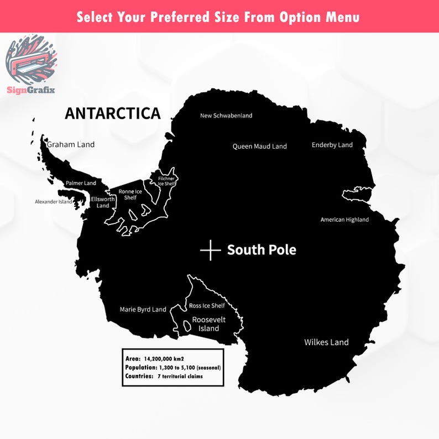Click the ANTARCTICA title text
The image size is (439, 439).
(x=112, y=113)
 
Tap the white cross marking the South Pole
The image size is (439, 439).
(x=210, y=250)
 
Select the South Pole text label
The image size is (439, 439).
(x=262, y=250)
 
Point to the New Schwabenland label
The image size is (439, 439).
(x=226, y=116)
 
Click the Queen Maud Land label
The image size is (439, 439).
(x=259, y=147)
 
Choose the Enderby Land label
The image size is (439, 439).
(x=332, y=145)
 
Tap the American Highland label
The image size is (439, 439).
(x=344, y=219)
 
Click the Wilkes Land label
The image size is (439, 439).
(x=326, y=342)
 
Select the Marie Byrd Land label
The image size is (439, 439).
(x=143, y=310)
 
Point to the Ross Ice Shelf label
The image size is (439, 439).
(x=207, y=306)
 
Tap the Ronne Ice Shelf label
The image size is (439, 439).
(x=130, y=194)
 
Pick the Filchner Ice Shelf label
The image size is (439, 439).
(x=166, y=181)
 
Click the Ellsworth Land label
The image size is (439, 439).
(x=103, y=202)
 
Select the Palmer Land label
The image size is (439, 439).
(x=81, y=183)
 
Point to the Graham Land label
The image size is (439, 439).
(x=71, y=145)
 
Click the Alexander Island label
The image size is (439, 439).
(x=54, y=202)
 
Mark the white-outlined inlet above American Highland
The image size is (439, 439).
(x=357, y=194)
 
